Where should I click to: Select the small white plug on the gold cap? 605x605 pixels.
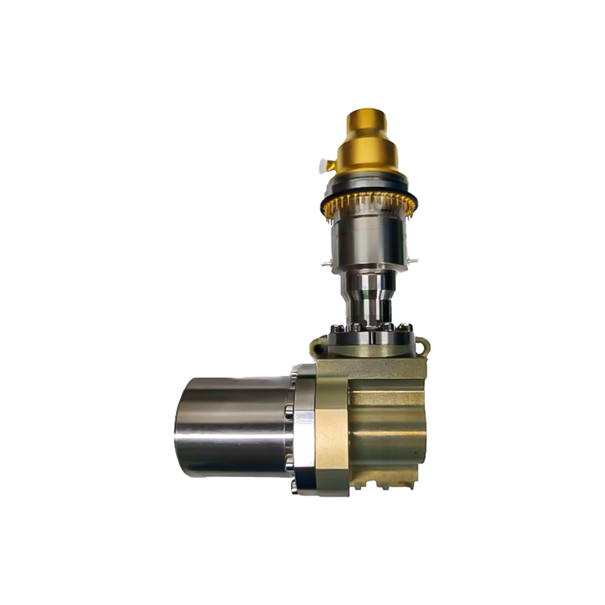pos(324,166)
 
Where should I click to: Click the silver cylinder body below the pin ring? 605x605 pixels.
pos(369,242)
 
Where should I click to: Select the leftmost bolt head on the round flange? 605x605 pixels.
pos(336,330)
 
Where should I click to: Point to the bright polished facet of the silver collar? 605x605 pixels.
pos(304,439)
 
